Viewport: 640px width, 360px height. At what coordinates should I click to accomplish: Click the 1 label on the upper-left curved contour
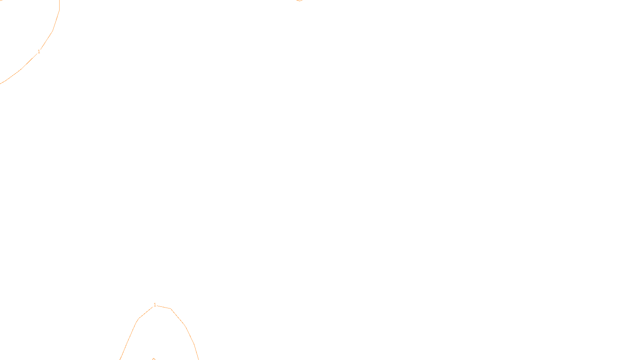tap(39, 52)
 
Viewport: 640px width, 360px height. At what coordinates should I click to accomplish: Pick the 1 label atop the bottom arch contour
tap(155, 305)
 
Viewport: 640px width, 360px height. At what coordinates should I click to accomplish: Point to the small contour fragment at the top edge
tap(299, 1)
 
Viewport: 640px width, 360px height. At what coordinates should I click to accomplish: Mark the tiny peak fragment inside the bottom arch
tap(154, 359)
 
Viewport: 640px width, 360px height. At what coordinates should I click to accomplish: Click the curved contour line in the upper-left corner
tap(52, 31)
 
